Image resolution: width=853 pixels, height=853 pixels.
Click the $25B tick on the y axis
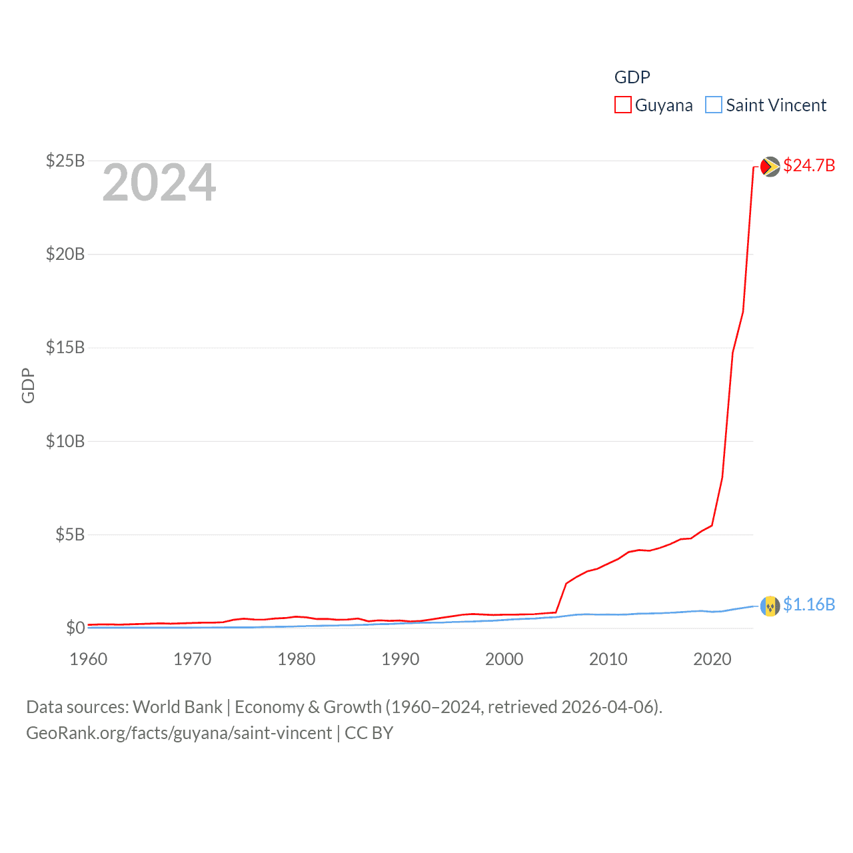click(x=65, y=161)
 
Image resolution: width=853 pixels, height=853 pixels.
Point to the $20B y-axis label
click(x=65, y=254)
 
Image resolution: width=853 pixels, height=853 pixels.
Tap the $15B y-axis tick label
click(x=65, y=347)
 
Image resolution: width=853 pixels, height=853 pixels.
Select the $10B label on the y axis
click(x=65, y=441)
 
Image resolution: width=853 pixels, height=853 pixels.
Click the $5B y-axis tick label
click(x=70, y=534)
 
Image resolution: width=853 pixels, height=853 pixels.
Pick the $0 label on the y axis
click(x=75, y=628)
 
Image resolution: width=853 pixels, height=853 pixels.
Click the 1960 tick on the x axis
click(x=89, y=659)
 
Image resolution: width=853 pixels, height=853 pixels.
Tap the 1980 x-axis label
click(x=297, y=659)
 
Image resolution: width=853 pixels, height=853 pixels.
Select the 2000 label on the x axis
click(x=504, y=659)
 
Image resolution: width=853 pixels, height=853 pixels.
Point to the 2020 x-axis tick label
click(x=712, y=659)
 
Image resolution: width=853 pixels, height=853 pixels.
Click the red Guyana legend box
click(x=622, y=105)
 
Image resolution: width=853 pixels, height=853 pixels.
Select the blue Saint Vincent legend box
click(x=714, y=105)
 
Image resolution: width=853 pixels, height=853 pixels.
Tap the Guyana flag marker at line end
click(x=770, y=166)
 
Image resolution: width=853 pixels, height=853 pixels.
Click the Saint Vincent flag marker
click(x=770, y=606)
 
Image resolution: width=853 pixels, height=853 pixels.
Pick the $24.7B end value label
click(x=809, y=165)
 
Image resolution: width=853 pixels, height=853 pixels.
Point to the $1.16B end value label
click(x=809, y=604)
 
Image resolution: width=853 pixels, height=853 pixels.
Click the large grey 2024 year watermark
click(x=159, y=183)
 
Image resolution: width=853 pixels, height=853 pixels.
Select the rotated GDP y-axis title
click(x=28, y=385)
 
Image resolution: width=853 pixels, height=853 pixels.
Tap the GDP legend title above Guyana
click(x=632, y=77)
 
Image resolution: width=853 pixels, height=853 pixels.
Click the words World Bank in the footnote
click(x=178, y=707)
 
